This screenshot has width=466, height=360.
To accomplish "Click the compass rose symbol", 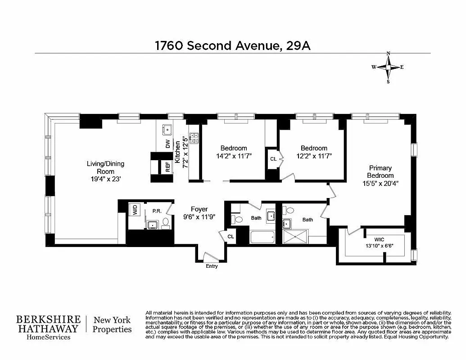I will pyautogui.click(x=388, y=67).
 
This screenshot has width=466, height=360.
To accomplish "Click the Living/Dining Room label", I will pyautogui.click(x=105, y=171).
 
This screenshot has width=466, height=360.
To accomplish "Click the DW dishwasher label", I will pyautogui.click(x=168, y=144).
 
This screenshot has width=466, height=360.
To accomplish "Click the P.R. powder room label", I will pyautogui.click(x=157, y=211).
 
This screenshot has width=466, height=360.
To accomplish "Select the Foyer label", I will pyautogui.click(x=199, y=212).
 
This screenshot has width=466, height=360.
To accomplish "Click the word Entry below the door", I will pyautogui.click(x=212, y=266).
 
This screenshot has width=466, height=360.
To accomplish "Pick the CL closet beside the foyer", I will pyautogui.click(x=231, y=236).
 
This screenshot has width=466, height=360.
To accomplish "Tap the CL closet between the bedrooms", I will pyautogui.click(x=273, y=159).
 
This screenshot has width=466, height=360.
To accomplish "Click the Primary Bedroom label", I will pyautogui.click(x=380, y=175).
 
